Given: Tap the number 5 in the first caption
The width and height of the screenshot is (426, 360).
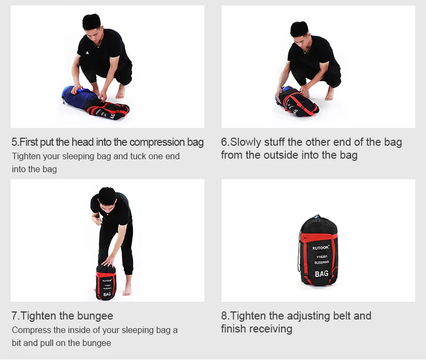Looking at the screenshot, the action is [14, 142].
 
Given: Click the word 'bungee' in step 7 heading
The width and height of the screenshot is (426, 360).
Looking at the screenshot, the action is [95, 316].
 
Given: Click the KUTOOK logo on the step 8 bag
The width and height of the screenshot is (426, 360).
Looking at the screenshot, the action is [321, 248].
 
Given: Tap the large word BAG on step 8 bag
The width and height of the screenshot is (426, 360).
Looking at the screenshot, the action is [321, 274].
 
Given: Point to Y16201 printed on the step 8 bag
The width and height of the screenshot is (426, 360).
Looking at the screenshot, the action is [322, 257].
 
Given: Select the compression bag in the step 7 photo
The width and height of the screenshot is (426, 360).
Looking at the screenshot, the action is [106, 282].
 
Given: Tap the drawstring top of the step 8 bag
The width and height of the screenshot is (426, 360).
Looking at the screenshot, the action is [317, 219].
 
